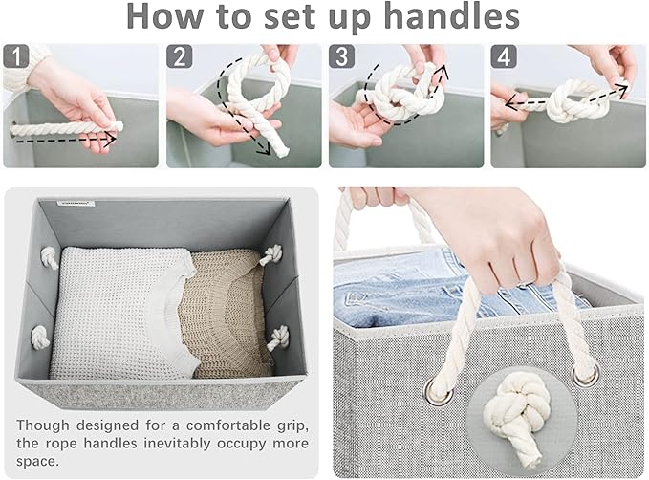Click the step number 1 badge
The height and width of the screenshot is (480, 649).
[16, 56]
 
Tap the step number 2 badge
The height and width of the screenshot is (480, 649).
[180, 56]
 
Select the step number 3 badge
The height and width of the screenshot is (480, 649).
[341, 56]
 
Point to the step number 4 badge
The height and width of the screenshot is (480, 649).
[504, 56]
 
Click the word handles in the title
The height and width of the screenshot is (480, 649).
[451, 16]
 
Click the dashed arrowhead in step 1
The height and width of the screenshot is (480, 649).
[111, 140]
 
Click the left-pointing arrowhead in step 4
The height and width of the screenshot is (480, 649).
[512, 105]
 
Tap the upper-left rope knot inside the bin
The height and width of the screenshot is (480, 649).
[50, 257]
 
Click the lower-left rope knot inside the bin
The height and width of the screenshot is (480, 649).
[40, 337]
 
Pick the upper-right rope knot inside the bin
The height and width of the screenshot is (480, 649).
[271, 254]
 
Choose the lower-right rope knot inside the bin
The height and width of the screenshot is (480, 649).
[278, 338]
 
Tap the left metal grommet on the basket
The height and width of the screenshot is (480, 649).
[438, 391]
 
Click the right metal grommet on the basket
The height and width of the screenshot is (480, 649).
[585, 373]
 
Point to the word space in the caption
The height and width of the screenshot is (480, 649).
[37, 462]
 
